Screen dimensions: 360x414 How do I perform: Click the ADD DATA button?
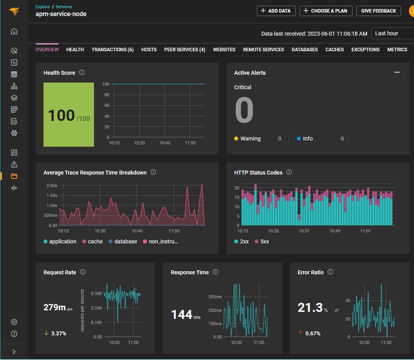pyautogui.click(x=276, y=11)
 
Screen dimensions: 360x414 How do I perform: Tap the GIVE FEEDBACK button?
pyautogui.click(x=378, y=11)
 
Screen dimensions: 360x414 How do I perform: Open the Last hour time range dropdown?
pyautogui.click(x=392, y=33)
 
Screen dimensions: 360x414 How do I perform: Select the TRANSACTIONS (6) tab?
pyautogui.click(x=112, y=50)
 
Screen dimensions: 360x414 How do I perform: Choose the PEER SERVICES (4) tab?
pyautogui.click(x=184, y=50)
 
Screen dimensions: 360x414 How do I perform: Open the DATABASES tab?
pyautogui.click(x=305, y=50)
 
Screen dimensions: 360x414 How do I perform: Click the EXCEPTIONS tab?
pyautogui.click(x=365, y=50)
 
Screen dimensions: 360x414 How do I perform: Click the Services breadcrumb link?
pyautogui.click(x=64, y=7)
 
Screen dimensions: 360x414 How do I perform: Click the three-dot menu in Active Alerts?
pyautogui.click(x=397, y=72)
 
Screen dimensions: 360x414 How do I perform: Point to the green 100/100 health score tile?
pyautogui.click(x=69, y=115)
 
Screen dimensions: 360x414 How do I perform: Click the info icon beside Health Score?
pyautogui.click(x=82, y=72)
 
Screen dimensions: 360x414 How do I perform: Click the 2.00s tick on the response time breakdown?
pyautogui.click(x=52, y=185)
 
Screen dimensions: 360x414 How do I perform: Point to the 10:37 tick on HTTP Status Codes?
pyautogui.click(x=304, y=231)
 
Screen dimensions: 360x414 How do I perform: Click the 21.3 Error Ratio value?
pyautogui.click(x=310, y=308)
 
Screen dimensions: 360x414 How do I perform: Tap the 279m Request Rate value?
pyautogui.click(x=55, y=308)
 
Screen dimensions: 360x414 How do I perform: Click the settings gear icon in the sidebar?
pyautogui.click(x=14, y=322)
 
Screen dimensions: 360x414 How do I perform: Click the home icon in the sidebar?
pyautogui.click(x=14, y=31)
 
